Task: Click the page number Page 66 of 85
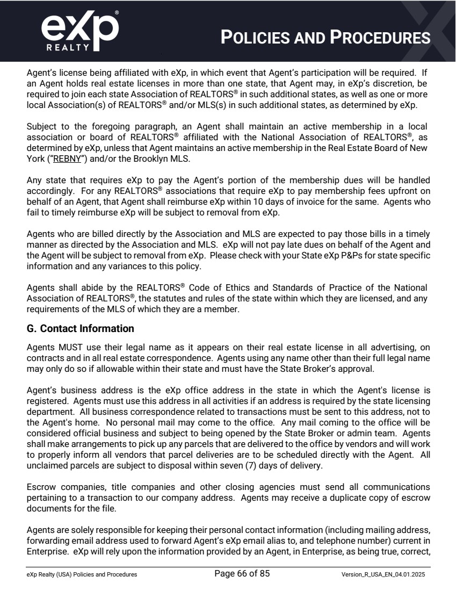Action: click(242, 573)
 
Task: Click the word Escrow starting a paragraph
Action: click(40, 487)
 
